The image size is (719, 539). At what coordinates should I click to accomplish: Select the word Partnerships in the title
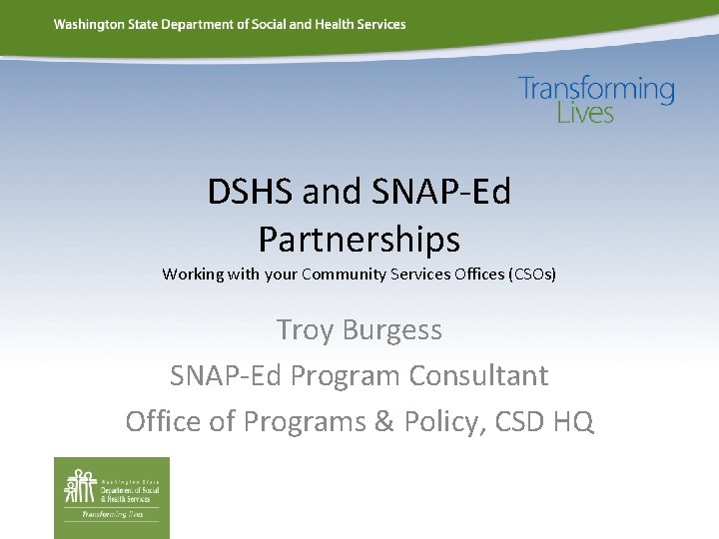pyautogui.click(x=359, y=240)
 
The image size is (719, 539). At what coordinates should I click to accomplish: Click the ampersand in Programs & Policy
pyautogui.click(x=383, y=421)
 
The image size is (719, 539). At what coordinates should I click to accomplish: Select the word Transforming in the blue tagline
pyautogui.click(x=596, y=90)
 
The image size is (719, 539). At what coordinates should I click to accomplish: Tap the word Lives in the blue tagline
pyautogui.click(x=585, y=113)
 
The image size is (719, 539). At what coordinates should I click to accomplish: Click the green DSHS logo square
pyautogui.click(x=112, y=497)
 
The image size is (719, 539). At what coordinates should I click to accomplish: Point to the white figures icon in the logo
pyautogui.click(x=80, y=486)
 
